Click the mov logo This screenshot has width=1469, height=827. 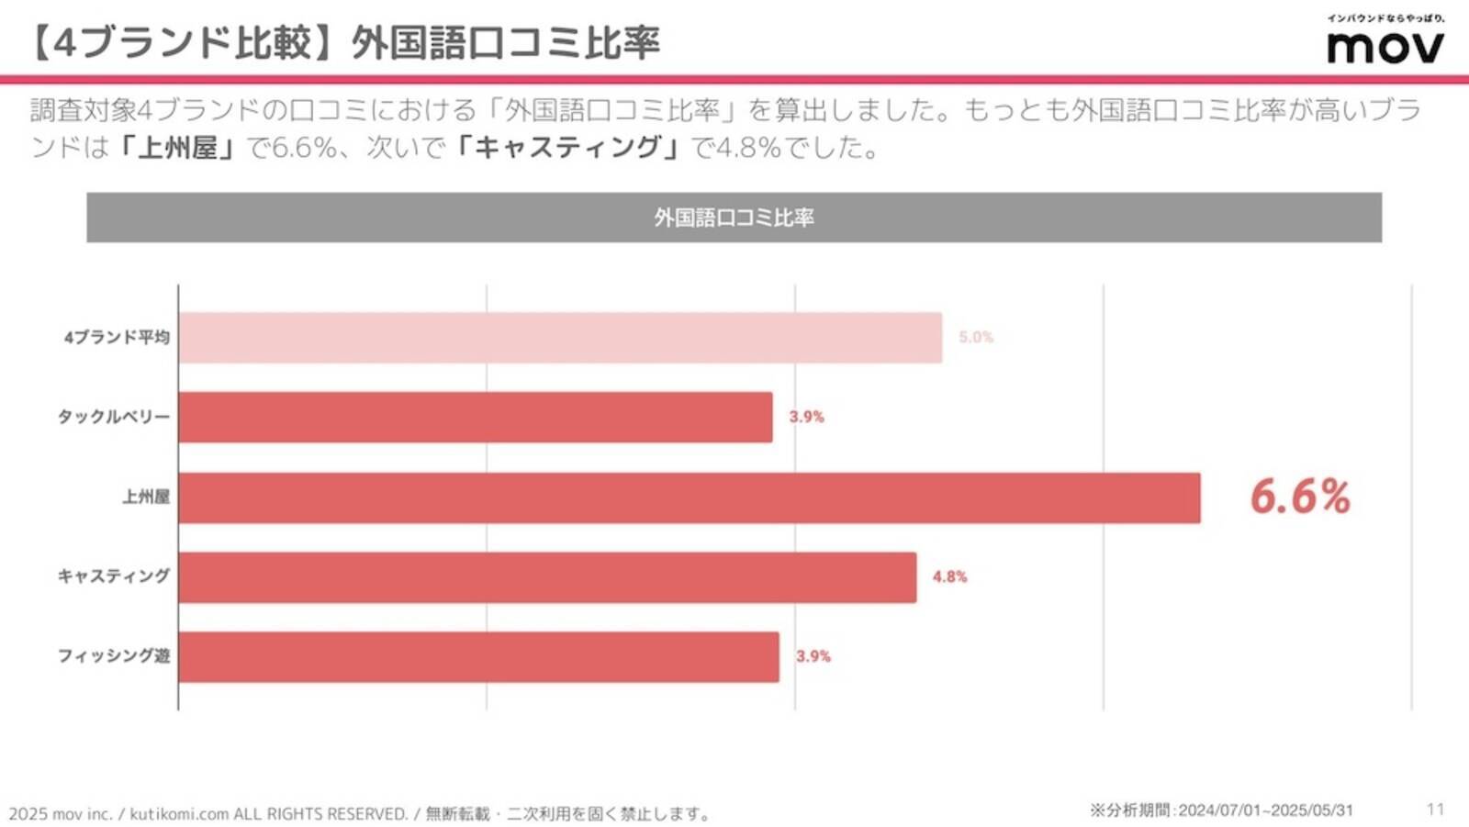coord(1385,46)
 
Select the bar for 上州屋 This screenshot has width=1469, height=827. coord(689,497)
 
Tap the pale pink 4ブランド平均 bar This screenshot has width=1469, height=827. coord(560,337)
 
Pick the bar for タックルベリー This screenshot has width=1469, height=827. coord(475,417)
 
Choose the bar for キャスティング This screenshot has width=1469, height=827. coord(547,577)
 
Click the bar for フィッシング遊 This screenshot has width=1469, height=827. coord(478,657)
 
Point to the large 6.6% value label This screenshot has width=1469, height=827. coord(1299,497)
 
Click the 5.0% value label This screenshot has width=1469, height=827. coord(976,337)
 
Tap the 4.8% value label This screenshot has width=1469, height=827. coord(949,576)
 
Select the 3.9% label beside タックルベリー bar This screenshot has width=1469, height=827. coord(806,417)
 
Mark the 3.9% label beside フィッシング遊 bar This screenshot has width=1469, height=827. coord(813,656)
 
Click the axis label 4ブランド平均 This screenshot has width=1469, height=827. coord(117,338)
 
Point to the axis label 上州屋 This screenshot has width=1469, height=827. coord(146,497)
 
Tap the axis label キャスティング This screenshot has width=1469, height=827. coord(114,576)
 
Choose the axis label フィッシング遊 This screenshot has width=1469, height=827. coord(114,656)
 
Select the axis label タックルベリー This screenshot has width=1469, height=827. coord(114,417)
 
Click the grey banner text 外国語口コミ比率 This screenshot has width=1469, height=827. coord(734,218)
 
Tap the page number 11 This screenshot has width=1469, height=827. coord(1435,809)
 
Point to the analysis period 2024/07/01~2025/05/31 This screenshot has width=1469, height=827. coord(1265,810)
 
